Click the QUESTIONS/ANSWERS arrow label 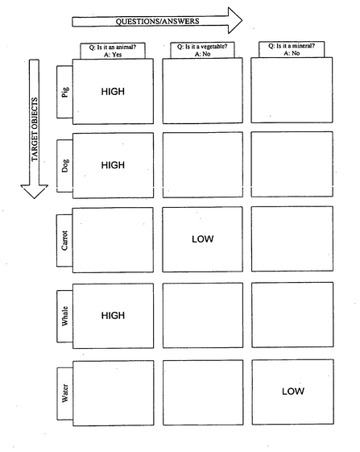click(157, 21)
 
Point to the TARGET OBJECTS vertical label click(35, 130)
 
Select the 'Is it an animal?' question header click(113, 51)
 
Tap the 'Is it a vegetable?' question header click(202, 50)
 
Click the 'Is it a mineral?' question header click(292, 49)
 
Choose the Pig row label click(65, 92)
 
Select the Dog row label click(65, 166)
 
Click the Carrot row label click(64, 240)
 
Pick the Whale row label click(65, 316)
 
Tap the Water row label click(65, 393)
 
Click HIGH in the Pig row click(113, 92)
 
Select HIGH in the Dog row click(113, 165)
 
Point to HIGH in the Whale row click(113, 315)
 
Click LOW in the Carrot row click(203, 239)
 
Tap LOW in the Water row click(293, 392)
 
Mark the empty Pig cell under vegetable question click(203, 91)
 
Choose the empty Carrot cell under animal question click(113, 240)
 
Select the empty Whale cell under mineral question click(292, 315)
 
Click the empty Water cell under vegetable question click(203, 392)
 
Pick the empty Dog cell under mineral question click(292, 164)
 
